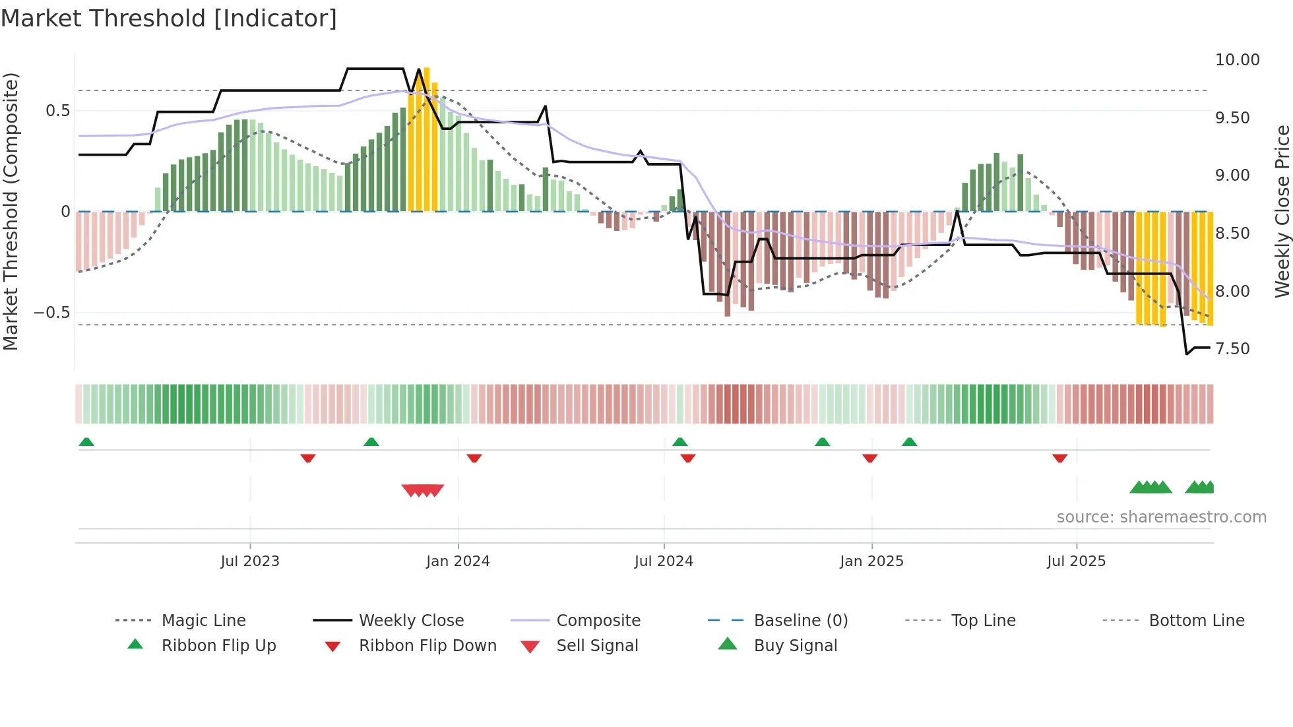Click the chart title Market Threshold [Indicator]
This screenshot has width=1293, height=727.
[x=169, y=18]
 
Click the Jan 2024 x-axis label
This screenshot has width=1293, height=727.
[x=458, y=561]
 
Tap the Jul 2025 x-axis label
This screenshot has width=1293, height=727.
[x=1076, y=561]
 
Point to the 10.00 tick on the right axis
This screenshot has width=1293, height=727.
[x=1237, y=60]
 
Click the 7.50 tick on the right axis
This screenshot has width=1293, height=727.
[x=1232, y=348]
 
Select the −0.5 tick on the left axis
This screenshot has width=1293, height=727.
[x=51, y=312]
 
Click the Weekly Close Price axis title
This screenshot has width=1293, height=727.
[x=1282, y=211]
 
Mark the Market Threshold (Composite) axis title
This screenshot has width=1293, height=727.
[x=11, y=211]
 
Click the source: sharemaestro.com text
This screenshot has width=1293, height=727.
[x=1161, y=517]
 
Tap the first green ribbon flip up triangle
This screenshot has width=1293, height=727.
[x=86, y=442]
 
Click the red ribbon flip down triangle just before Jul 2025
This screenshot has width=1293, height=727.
[x=1059, y=458]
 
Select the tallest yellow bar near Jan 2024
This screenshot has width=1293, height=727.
[x=427, y=139]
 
